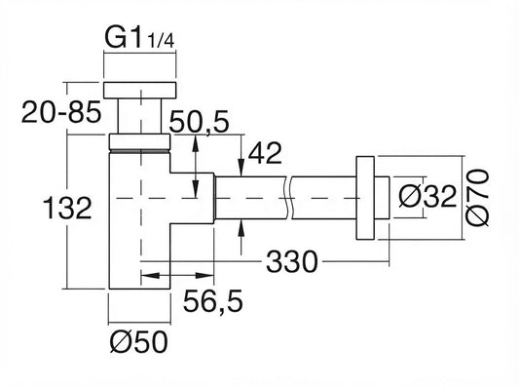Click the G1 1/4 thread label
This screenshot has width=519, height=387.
pos(139,37)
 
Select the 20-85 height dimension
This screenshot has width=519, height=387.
pos(61,112)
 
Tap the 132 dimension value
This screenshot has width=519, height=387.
pos(67,208)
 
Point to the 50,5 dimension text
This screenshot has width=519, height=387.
pos(199,121)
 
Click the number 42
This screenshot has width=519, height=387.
pos(265,153)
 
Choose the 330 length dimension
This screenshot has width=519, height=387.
pos(292,261)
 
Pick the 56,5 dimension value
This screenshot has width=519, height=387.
pos(213,300)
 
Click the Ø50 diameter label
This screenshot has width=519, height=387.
pos(139,341)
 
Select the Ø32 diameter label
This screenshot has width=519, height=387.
pos(427,197)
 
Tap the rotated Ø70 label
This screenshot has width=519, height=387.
pos(477,198)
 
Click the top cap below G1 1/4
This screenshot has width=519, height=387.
pos(139,90)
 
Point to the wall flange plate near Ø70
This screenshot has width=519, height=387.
pos(365,198)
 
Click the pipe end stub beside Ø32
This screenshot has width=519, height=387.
pos(382,198)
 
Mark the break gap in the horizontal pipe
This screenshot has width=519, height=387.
pos(288,198)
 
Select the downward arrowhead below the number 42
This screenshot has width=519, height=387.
pos(241,168)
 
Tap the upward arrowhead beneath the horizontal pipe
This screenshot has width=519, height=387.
pos(241,228)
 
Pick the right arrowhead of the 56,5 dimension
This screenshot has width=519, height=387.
pos(204,276)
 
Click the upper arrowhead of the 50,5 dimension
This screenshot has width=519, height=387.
pos(196,143)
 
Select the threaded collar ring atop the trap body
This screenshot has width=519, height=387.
pos(139,141)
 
